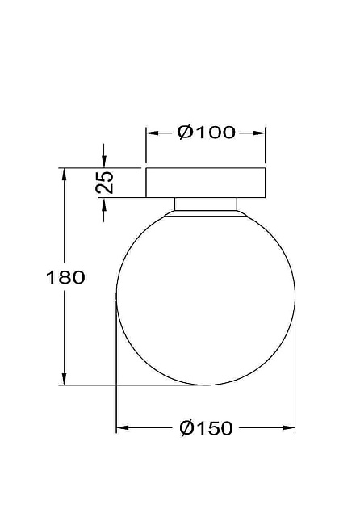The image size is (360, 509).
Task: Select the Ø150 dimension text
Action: (x=206, y=428)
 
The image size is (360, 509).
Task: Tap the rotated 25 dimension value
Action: (x=105, y=182)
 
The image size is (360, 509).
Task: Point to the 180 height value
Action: (x=66, y=277)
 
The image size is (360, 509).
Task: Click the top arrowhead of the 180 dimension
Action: (x=63, y=174)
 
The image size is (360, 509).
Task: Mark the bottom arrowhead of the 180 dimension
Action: (x=63, y=379)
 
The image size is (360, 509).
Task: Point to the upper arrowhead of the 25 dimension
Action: (x=104, y=162)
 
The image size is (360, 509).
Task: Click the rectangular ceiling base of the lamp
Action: (x=206, y=183)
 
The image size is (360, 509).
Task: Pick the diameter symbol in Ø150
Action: (x=186, y=428)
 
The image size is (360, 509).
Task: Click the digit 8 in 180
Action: (x=66, y=277)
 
